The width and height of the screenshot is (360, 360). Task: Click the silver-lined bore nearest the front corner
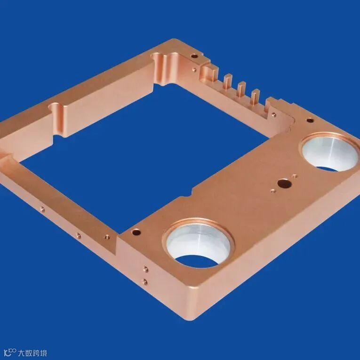tap(198, 243)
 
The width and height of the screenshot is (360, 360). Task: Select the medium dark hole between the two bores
tap(284, 183)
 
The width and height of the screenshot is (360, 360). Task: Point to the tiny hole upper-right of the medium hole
tap(295, 176)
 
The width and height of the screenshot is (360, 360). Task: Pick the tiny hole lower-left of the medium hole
tap(273, 190)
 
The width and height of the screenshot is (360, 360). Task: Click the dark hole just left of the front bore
tap(136, 232)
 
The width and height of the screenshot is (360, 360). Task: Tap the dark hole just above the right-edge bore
tap(310, 120)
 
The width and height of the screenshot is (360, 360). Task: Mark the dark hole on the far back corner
tap(194, 56)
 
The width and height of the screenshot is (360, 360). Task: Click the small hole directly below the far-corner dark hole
tap(194, 70)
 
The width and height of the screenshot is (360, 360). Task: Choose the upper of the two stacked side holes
tap(145, 269)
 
